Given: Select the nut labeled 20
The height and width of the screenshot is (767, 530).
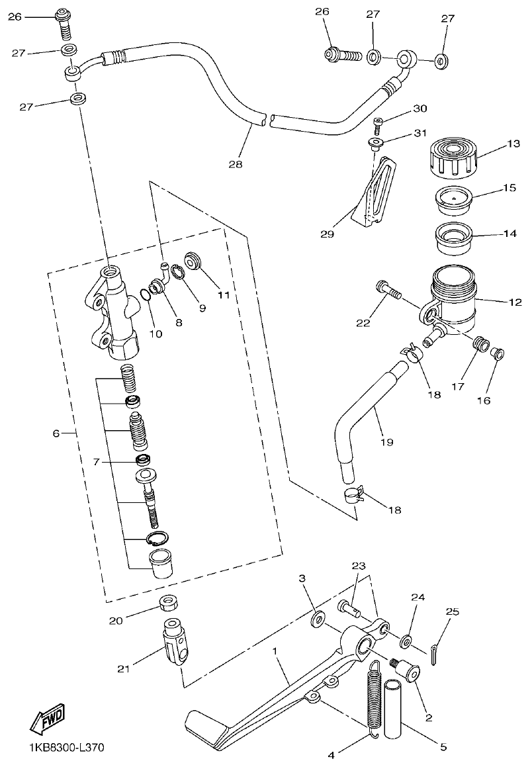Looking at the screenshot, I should click(169, 603).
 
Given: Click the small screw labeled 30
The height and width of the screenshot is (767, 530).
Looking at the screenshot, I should click(377, 122).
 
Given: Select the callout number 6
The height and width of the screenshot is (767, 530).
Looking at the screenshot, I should click(57, 433).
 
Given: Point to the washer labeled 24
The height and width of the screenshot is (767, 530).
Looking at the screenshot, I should click(407, 641).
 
